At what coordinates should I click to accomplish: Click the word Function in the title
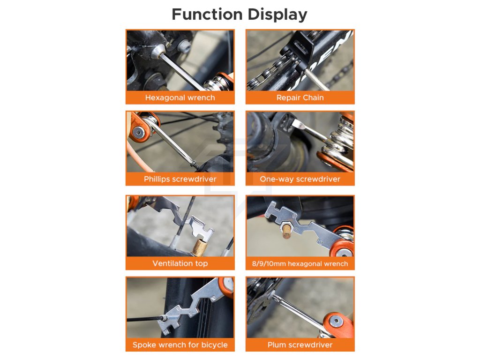click(x=207, y=15)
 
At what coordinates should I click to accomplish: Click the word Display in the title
click(x=277, y=15)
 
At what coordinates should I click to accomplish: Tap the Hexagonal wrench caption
click(x=180, y=97)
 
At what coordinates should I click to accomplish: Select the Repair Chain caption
click(x=300, y=97)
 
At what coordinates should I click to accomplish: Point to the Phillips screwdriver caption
click(x=180, y=179)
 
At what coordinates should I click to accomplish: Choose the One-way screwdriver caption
click(x=300, y=179)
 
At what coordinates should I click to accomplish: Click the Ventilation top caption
click(x=180, y=263)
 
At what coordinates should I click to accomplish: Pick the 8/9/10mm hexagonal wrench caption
click(x=300, y=263)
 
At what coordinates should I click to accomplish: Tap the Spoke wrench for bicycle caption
click(x=180, y=345)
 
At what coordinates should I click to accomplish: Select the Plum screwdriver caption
click(x=300, y=345)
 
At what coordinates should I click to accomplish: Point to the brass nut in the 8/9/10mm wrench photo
click(x=287, y=230)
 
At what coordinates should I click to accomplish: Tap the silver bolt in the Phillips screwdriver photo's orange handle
click(x=139, y=133)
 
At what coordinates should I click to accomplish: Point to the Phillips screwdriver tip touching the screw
click(x=194, y=164)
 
